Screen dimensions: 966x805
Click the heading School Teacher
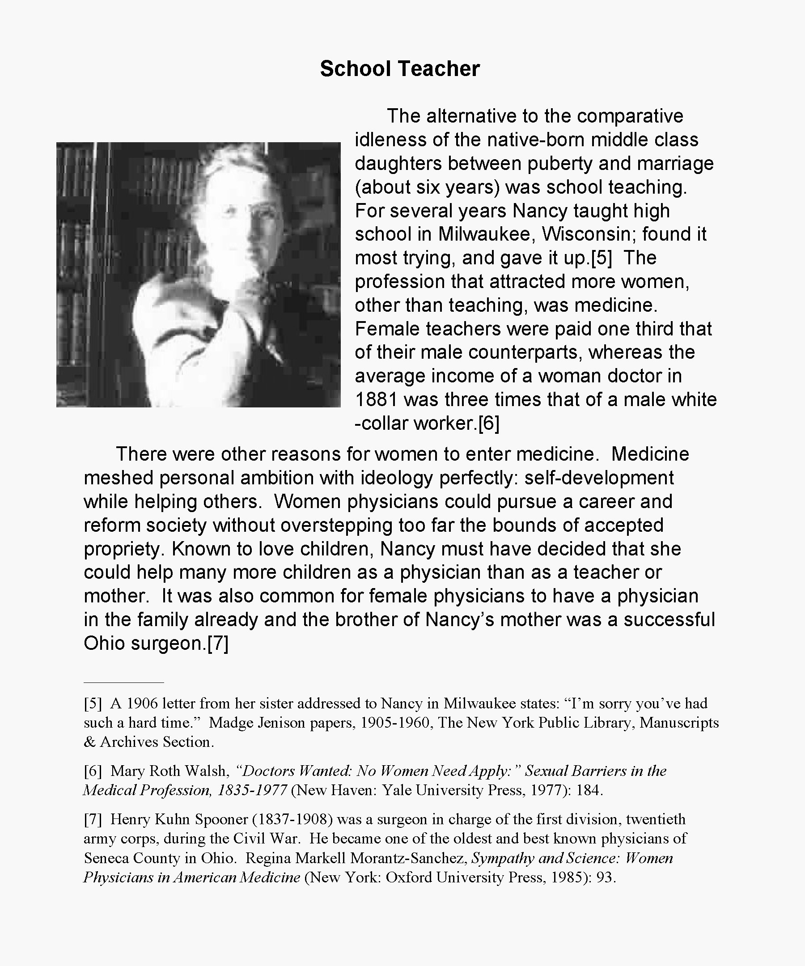tap(400, 69)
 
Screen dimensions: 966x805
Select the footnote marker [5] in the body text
tap(601, 258)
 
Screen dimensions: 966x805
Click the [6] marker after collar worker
tap(488, 424)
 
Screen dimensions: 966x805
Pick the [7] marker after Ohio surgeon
tap(218, 644)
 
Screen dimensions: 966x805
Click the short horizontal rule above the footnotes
tap(124, 682)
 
